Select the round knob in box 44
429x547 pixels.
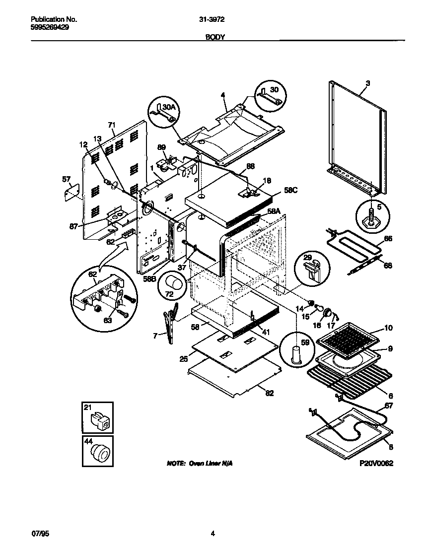click(x=101, y=453)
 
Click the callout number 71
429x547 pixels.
click(x=111, y=125)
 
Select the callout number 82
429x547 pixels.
click(x=270, y=393)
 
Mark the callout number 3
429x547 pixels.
click(x=367, y=83)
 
